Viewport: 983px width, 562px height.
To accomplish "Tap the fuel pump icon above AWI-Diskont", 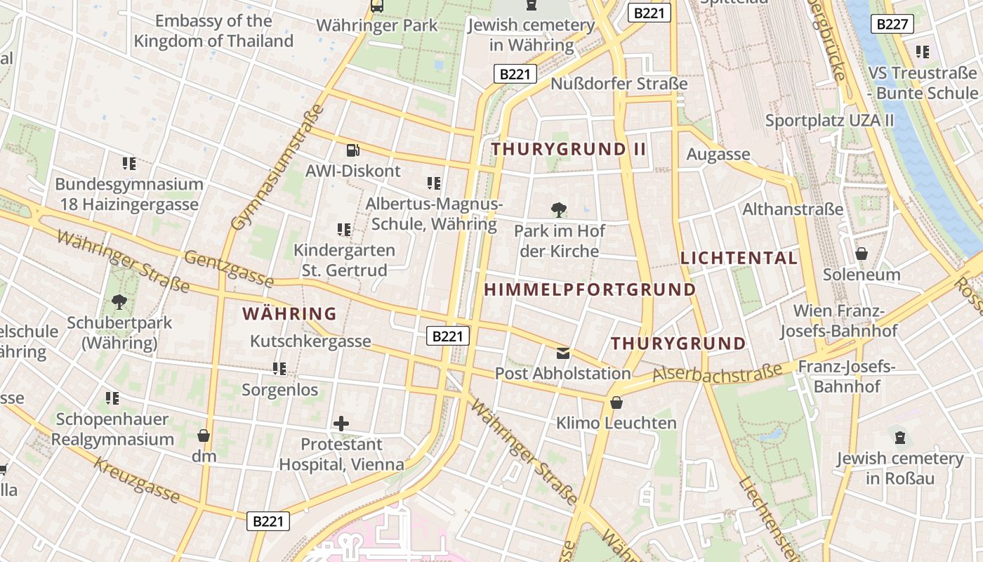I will tap(353, 150).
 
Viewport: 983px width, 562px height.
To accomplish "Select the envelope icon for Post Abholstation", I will tap(563, 353).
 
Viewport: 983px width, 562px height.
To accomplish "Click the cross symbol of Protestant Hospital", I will tap(341, 424).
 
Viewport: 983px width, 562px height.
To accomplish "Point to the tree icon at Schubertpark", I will tap(119, 302).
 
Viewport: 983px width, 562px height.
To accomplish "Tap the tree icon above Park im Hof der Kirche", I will tap(559, 209).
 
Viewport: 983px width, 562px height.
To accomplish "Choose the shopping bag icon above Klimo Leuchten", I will tap(616, 403).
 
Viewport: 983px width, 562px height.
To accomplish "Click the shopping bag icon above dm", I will tap(204, 436).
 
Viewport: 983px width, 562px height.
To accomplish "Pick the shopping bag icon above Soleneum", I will tap(862, 254).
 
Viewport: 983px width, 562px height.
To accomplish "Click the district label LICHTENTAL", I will tap(739, 258).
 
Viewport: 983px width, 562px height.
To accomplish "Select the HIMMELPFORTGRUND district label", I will tap(590, 289).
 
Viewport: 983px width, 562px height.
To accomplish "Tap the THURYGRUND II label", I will tap(568, 149).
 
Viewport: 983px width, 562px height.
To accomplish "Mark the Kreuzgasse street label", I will tap(137, 481).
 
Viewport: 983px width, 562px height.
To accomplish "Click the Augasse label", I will tap(718, 155).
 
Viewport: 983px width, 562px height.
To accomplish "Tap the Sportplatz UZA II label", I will tap(829, 120).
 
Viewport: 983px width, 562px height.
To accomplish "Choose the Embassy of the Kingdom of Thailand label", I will tap(213, 31).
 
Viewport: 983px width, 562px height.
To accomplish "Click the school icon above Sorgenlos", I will tap(279, 368).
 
